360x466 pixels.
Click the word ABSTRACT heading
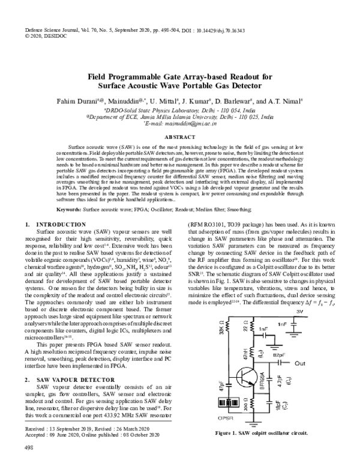coord(180,137)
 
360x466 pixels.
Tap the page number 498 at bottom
coord(29,448)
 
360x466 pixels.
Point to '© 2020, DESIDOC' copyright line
coord(46,35)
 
